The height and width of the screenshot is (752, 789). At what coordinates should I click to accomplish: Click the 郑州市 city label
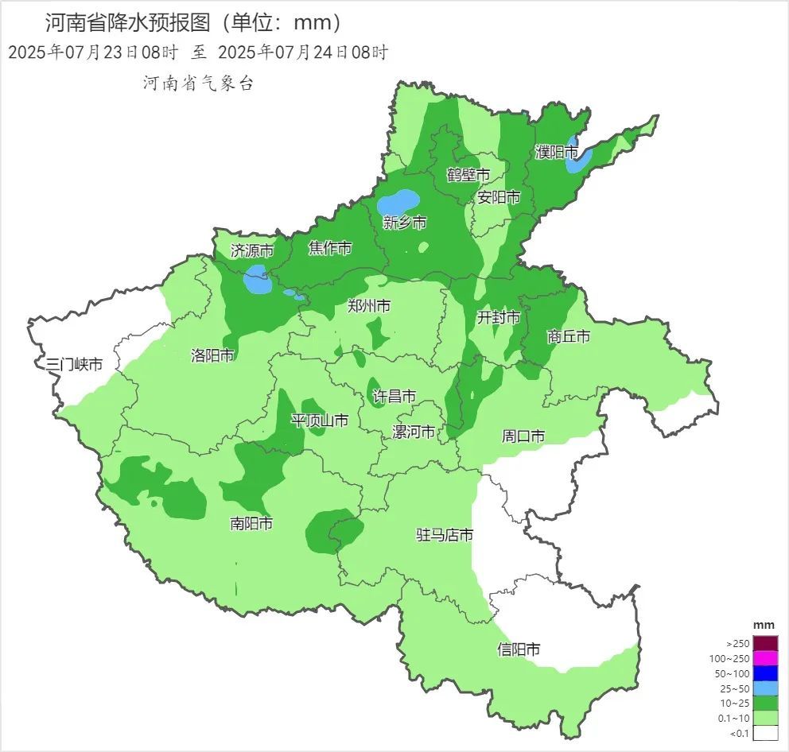(x=369, y=305)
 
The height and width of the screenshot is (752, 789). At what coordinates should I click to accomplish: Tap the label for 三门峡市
(x=74, y=365)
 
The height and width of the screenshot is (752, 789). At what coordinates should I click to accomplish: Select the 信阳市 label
(x=519, y=649)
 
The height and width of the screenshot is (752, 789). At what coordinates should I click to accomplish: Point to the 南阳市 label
(x=251, y=523)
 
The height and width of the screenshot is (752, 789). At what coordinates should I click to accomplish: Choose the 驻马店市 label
(x=445, y=535)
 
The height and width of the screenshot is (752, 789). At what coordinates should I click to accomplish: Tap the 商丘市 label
(x=569, y=336)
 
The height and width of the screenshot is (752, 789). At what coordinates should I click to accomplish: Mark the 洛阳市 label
(x=212, y=355)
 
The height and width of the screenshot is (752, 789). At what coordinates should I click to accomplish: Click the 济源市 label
(x=251, y=250)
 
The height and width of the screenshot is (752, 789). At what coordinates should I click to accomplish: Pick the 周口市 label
(x=523, y=436)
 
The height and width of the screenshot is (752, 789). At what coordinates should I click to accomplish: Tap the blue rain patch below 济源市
(x=256, y=280)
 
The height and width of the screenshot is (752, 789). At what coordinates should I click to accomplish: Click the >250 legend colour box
(x=765, y=642)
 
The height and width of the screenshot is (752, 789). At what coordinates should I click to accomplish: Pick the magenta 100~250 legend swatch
(x=765, y=658)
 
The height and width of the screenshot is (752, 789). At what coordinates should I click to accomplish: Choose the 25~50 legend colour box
(x=765, y=688)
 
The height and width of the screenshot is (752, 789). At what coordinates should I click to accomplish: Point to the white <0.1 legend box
(x=765, y=733)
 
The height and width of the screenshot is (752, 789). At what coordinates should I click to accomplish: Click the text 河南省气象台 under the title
(x=198, y=83)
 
